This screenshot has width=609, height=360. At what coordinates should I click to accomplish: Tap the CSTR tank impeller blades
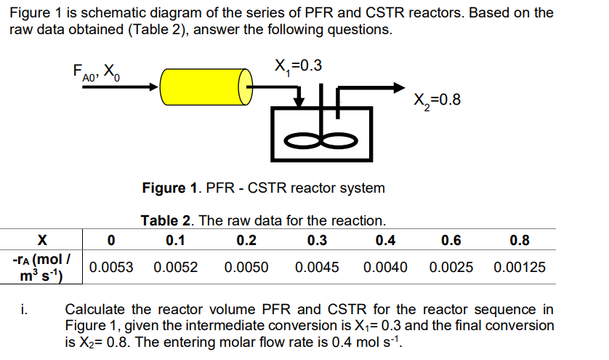tap(325, 138)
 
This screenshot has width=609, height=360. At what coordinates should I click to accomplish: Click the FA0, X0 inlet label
tap(99, 71)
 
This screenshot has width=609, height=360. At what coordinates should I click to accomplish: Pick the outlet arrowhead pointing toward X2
tap(398, 87)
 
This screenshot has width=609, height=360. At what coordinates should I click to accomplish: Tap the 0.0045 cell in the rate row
tap(317, 267)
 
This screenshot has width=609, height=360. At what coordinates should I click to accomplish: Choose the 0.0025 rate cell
tap(451, 267)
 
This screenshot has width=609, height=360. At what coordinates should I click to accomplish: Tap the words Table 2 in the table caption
tap(165, 220)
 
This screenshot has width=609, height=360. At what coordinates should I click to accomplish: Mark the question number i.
tap(23, 311)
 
